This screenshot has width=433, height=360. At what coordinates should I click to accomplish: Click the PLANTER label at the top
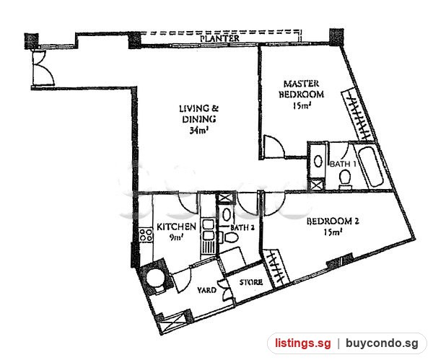coord(220,38)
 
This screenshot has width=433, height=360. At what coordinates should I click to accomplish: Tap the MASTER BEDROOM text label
coord(301,89)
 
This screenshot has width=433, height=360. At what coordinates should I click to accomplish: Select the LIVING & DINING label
coord(199,113)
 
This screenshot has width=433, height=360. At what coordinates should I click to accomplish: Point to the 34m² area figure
coord(198,130)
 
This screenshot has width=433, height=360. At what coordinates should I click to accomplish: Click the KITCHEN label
coord(176,227)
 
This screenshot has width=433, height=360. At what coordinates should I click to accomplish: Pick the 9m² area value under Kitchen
coord(177,237)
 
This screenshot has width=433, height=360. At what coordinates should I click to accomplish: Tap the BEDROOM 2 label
coord(333,221)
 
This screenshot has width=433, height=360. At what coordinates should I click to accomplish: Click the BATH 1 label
coord(343,164)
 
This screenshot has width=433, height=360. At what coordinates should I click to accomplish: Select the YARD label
coord(206,290)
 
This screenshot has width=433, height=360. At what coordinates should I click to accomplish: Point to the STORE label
coord(250,282)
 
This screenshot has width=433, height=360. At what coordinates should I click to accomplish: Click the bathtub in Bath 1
coord(369,167)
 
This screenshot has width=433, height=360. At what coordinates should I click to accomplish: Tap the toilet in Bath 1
coord(345,180)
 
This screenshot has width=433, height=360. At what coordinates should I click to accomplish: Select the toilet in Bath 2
coord(229,237)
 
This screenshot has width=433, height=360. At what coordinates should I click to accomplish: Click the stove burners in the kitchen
coord(146,235)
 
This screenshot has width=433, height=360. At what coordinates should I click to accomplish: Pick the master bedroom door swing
coord(274,146)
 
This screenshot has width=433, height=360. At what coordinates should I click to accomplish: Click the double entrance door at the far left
coord(43,69)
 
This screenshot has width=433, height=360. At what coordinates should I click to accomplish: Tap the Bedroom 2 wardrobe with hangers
coord(276,268)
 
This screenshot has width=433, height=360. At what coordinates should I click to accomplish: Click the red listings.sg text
coord(302,343)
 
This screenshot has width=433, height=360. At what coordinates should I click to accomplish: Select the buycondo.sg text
coord(382,343)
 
